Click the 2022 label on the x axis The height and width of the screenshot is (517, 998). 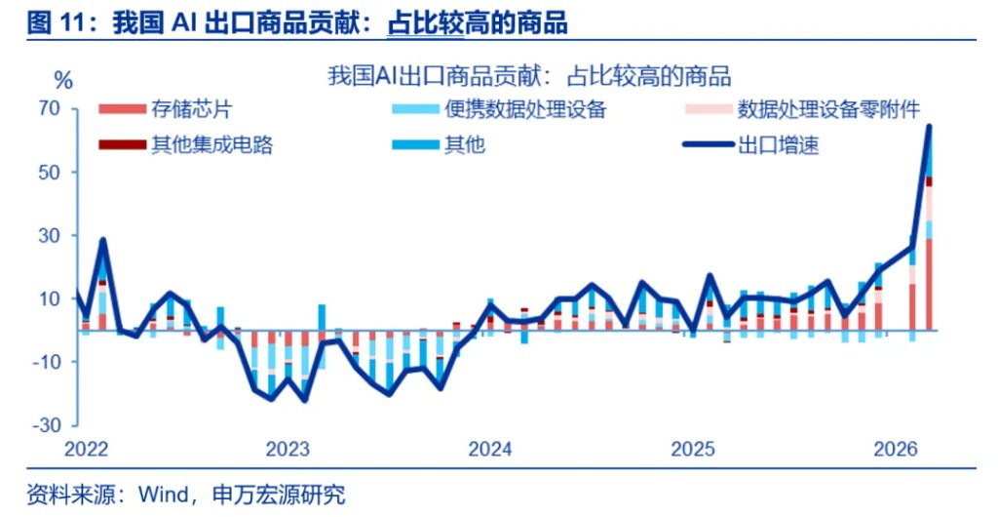pyautogui.click(x=87, y=450)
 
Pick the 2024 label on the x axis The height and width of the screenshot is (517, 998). pyautogui.click(x=490, y=450)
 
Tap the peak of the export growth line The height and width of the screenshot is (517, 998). pyautogui.click(x=929, y=126)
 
